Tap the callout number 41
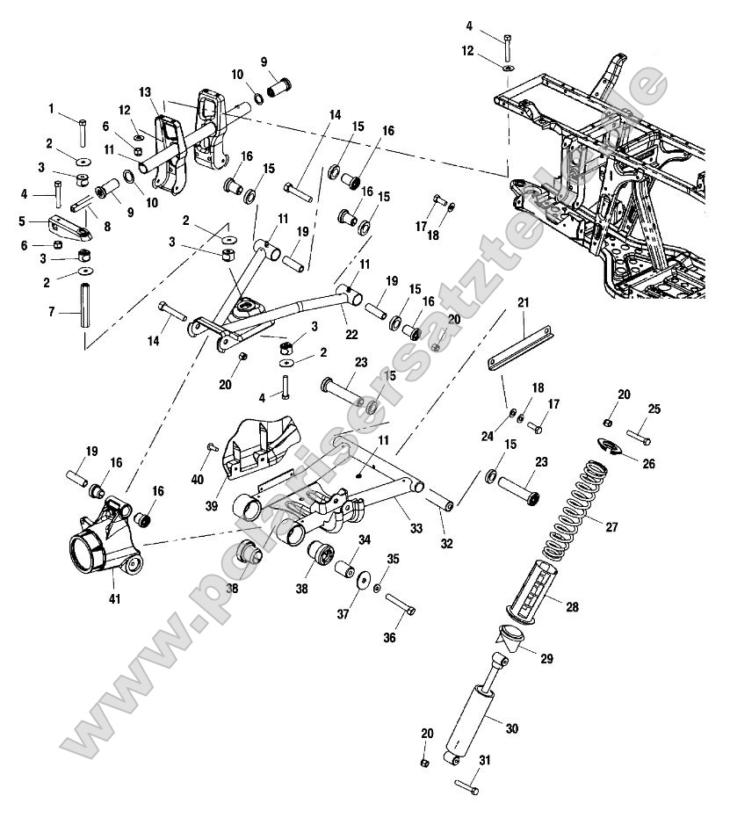(114, 598)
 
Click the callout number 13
(145, 92)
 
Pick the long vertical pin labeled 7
(85, 304)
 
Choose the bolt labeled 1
(81, 133)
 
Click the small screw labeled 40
(214, 447)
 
